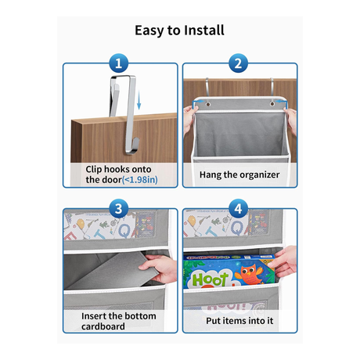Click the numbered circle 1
click(x=118, y=63)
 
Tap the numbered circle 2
click(x=238, y=63)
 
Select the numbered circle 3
click(x=118, y=209)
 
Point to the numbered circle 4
click(x=238, y=209)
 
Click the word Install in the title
click(x=204, y=31)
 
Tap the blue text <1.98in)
click(x=140, y=180)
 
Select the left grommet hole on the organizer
click(x=208, y=104)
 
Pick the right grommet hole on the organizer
click(x=272, y=104)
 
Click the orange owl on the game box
click(x=248, y=275)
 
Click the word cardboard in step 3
click(x=103, y=326)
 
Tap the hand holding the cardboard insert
click(x=159, y=268)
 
